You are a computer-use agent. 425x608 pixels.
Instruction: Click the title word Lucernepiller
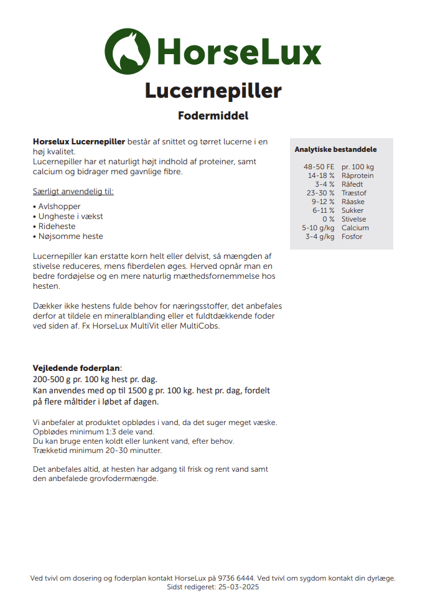(213, 91)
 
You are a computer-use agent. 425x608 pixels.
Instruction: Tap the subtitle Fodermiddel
(213, 116)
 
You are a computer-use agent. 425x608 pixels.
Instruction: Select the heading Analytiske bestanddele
(335, 149)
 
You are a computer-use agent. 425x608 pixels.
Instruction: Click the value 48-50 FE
(319, 167)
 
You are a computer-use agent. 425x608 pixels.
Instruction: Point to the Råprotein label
(357, 176)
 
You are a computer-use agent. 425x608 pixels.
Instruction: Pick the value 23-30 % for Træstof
(320, 194)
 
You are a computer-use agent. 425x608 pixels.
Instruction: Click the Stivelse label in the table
(353, 220)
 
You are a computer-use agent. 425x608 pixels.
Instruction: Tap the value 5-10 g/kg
(318, 228)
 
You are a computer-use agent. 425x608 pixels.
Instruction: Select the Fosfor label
(352, 237)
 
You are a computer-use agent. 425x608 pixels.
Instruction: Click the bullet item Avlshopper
(58, 207)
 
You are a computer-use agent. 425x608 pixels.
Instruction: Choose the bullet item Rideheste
(57, 227)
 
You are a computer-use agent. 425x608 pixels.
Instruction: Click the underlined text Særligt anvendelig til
(73, 191)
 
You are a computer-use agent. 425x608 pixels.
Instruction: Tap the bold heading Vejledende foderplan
(77, 368)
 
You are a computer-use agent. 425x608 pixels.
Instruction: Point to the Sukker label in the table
(352, 211)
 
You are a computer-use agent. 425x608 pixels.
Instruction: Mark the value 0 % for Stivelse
(328, 220)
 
